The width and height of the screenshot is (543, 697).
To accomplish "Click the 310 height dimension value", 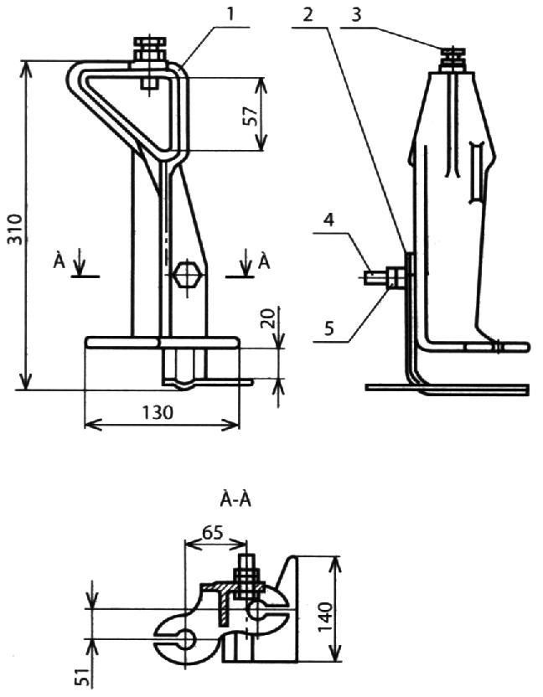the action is [17, 229].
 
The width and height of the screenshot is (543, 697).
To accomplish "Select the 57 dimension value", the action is [252, 116].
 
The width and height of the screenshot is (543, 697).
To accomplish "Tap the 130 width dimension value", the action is [158, 413].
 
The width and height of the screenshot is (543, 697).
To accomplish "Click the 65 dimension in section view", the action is [212, 533].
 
